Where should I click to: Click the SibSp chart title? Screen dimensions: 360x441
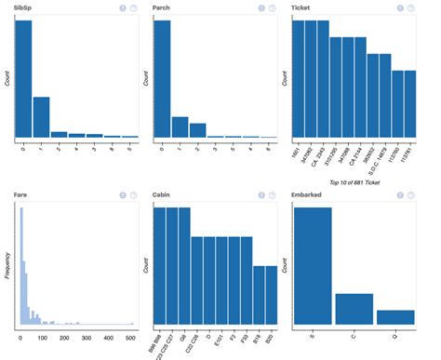click(24, 7)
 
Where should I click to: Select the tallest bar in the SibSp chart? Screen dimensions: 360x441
click(23, 79)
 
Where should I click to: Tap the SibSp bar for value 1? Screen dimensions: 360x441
click(41, 117)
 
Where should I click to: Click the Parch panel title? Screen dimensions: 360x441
click(163, 7)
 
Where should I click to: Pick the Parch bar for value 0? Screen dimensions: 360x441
click(162, 79)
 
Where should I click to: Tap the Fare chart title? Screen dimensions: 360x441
click(21, 194)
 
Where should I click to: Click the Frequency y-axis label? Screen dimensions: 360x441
click(8, 265)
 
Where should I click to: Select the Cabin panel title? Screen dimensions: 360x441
click(164, 194)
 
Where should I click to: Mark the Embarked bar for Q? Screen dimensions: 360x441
click(395, 317)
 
